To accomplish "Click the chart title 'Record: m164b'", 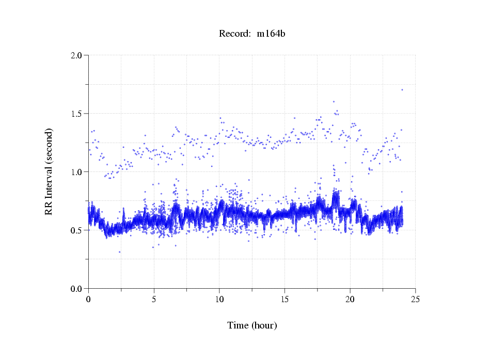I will tap(252, 34).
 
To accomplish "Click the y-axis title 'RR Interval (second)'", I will tap(49, 171).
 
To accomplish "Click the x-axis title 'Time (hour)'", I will tap(252, 325).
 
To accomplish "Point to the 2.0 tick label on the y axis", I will tap(77, 55).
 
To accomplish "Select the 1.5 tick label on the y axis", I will tap(77, 114).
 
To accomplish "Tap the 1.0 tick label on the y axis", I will tap(77, 172).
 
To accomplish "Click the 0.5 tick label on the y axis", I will tap(77, 230).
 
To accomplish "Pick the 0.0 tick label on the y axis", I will tap(77, 289).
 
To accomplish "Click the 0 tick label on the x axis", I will tap(89, 299).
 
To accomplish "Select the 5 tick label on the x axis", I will tap(154, 299).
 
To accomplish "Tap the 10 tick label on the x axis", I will tap(219, 299).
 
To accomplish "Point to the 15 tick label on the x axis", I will tap(284, 299).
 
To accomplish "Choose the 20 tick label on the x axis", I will tap(350, 299).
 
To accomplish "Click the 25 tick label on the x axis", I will tap(415, 299).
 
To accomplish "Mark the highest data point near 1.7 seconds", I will tap(402, 90).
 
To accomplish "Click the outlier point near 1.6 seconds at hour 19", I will tap(334, 102).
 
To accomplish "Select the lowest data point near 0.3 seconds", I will tap(120, 252).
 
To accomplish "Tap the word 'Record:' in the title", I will tap(235, 34).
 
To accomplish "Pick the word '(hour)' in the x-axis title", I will tap(265, 325).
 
